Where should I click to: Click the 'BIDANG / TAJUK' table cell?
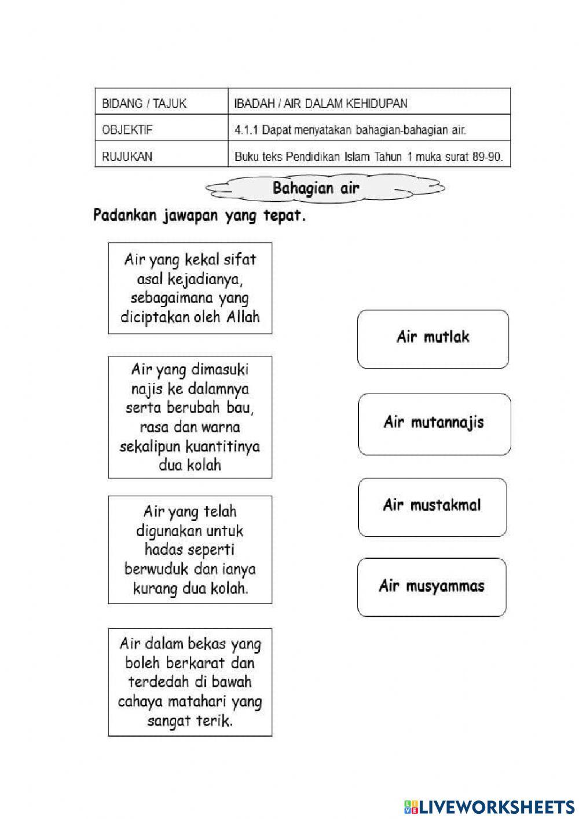click(x=144, y=104)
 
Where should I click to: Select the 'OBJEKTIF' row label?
click(x=127, y=130)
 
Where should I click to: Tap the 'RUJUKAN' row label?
click(x=127, y=156)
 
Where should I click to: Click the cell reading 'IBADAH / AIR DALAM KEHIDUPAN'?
click(x=321, y=104)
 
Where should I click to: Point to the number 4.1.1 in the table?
click(x=246, y=130)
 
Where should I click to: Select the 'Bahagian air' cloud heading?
click(x=316, y=188)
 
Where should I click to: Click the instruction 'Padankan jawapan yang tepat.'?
click(x=199, y=216)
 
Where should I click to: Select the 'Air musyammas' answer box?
click(x=431, y=586)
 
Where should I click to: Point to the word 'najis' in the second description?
click(x=155, y=388)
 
